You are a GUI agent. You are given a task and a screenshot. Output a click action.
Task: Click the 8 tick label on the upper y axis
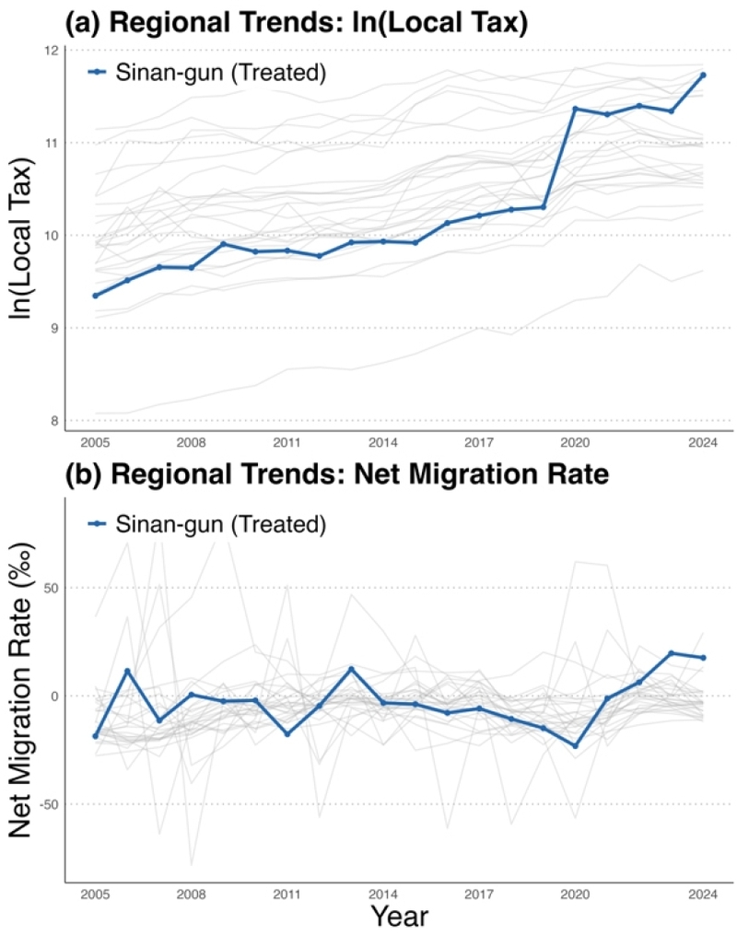53,421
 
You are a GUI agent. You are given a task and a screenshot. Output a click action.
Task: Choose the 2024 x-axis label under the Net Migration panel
703,894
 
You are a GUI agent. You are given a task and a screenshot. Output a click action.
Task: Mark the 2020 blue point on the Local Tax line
575,109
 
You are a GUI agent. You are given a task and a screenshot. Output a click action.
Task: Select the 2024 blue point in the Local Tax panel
703,75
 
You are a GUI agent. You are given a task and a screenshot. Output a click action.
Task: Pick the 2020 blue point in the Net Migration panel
575,746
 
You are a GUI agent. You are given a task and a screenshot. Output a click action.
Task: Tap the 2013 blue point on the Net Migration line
351,669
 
